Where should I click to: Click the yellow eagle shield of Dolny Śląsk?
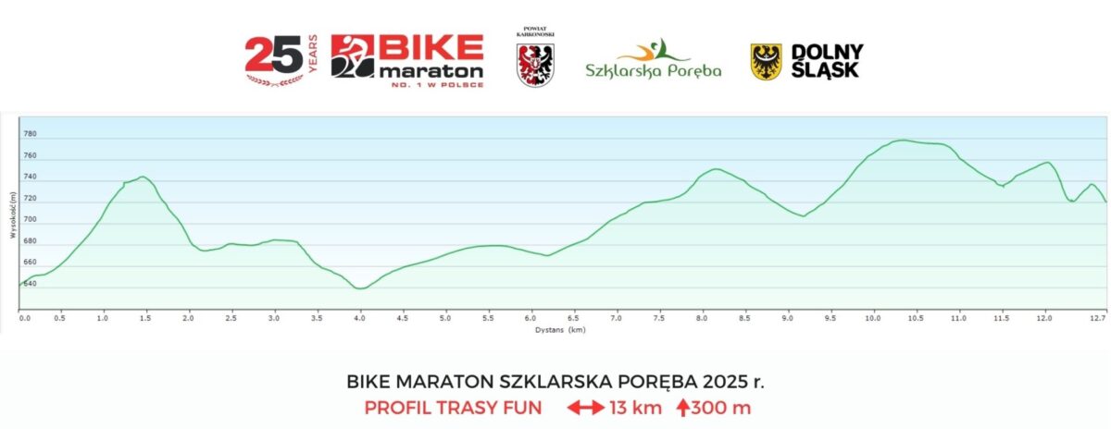click(x=766, y=61)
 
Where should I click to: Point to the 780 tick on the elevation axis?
click(x=30, y=135)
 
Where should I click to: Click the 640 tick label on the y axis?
click(x=30, y=284)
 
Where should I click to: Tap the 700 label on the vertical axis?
click(x=30, y=220)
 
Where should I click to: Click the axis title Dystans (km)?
click(x=560, y=328)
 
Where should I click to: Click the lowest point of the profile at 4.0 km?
click(x=360, y=288)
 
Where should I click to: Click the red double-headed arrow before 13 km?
click(x=585, y=407)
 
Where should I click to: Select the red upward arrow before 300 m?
click(x=682, y=407)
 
